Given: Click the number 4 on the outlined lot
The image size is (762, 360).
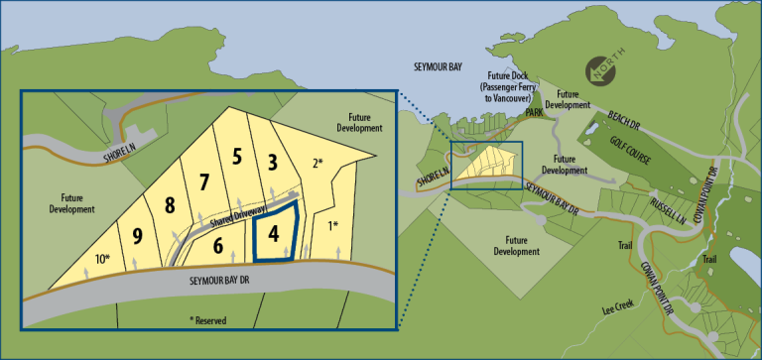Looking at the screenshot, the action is tap(274, 235).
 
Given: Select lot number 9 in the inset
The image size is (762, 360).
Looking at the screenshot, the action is tap(138, 237).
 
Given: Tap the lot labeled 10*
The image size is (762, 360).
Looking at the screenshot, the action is tap(102, 259).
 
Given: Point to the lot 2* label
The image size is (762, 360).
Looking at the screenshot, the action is tap(317, 164).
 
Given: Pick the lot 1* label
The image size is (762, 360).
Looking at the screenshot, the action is tap(332, 226).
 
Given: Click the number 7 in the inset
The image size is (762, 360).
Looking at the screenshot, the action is tap(203, 182).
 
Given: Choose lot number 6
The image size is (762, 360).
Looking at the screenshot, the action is tap(218, 246).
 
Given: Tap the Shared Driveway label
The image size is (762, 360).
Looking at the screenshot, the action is tap(239, 216).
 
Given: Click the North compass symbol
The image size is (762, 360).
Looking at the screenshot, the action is tap(600, 70).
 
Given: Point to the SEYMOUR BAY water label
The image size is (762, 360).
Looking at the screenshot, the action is tap(437, 66).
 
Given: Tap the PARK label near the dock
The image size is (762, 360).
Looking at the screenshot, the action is tap(535, 112).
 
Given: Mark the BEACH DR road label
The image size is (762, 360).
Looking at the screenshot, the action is tap(623, 121).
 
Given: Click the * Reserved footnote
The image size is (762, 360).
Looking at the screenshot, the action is tap(208, 320).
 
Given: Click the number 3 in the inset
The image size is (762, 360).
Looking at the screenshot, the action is tap(273, 163).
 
